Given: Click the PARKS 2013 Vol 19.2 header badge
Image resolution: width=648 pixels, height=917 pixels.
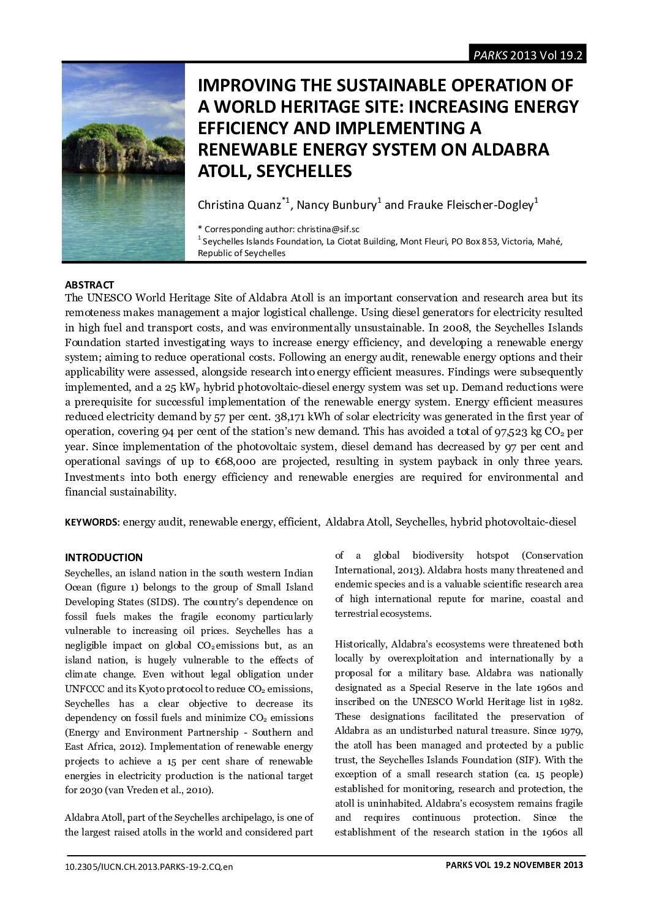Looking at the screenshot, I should pyautogui.click(x=527, y=55).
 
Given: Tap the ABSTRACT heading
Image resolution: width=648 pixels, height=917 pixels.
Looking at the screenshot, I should pyautogui.click(x=89, y=285).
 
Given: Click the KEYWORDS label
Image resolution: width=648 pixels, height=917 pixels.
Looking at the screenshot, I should pyautogui.click(x=92, y=523).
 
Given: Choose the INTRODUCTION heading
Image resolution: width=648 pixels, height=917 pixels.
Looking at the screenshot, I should pyautogui.click(x=104, y=557).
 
